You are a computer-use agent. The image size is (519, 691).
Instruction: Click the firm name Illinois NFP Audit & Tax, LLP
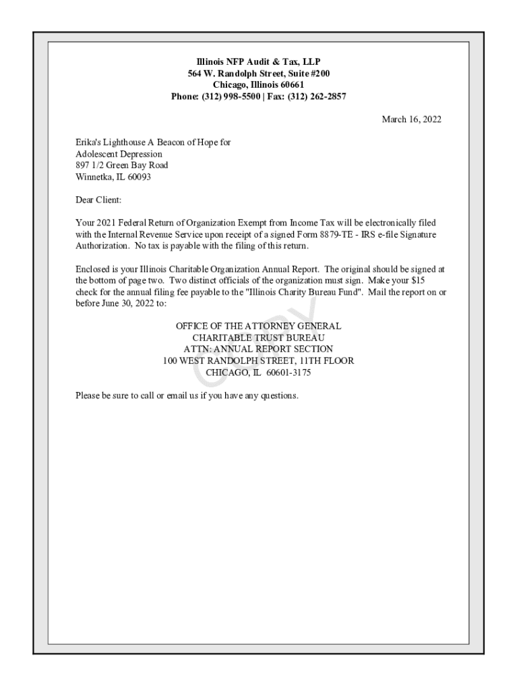point(259,61)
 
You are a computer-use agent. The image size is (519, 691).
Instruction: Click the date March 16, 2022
point(411,119)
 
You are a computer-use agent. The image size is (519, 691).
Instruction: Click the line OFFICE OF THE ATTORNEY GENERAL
point(258,326)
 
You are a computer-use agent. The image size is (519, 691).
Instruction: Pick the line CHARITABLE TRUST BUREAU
point(258,337)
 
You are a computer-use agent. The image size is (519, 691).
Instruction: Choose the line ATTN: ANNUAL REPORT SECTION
point(258,349)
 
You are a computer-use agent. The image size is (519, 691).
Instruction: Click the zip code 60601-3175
point(288,372)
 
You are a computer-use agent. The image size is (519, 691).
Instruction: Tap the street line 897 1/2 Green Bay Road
point(122,165)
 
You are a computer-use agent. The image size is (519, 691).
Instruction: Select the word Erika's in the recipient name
point(88,142)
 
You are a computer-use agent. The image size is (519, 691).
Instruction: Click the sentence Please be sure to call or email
point(186,395)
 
